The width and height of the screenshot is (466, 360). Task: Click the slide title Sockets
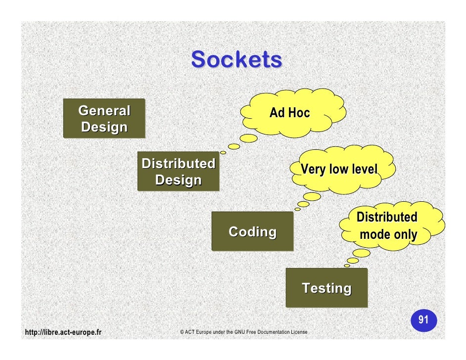click(x=236, y=60)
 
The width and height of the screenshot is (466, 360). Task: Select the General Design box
click(x=104, y=118)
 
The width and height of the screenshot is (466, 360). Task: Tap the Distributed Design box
click(x=178, y=171)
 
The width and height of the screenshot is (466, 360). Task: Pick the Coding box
click(x=252, y=231)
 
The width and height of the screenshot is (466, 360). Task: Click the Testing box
click(x=326, y=288)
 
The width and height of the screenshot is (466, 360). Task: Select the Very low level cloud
click(x=341, y=169)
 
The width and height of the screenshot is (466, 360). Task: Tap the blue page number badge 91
click(x=423, y=320)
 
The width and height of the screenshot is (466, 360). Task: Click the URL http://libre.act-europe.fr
click(x=63, y=332)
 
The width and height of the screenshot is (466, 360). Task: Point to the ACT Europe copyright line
click(x=243, y=332)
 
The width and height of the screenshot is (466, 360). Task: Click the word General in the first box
click(x=104, y=110)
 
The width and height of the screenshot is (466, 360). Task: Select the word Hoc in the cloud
click(x=299, y=113)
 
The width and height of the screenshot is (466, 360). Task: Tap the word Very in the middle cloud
click(x=313, y=170)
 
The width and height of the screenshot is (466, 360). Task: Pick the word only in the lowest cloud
click(x=404, y=234)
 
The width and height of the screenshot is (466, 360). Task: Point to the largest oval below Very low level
click(x=311, y=196)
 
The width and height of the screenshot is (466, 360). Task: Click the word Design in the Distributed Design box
click(x=178, y=180)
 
